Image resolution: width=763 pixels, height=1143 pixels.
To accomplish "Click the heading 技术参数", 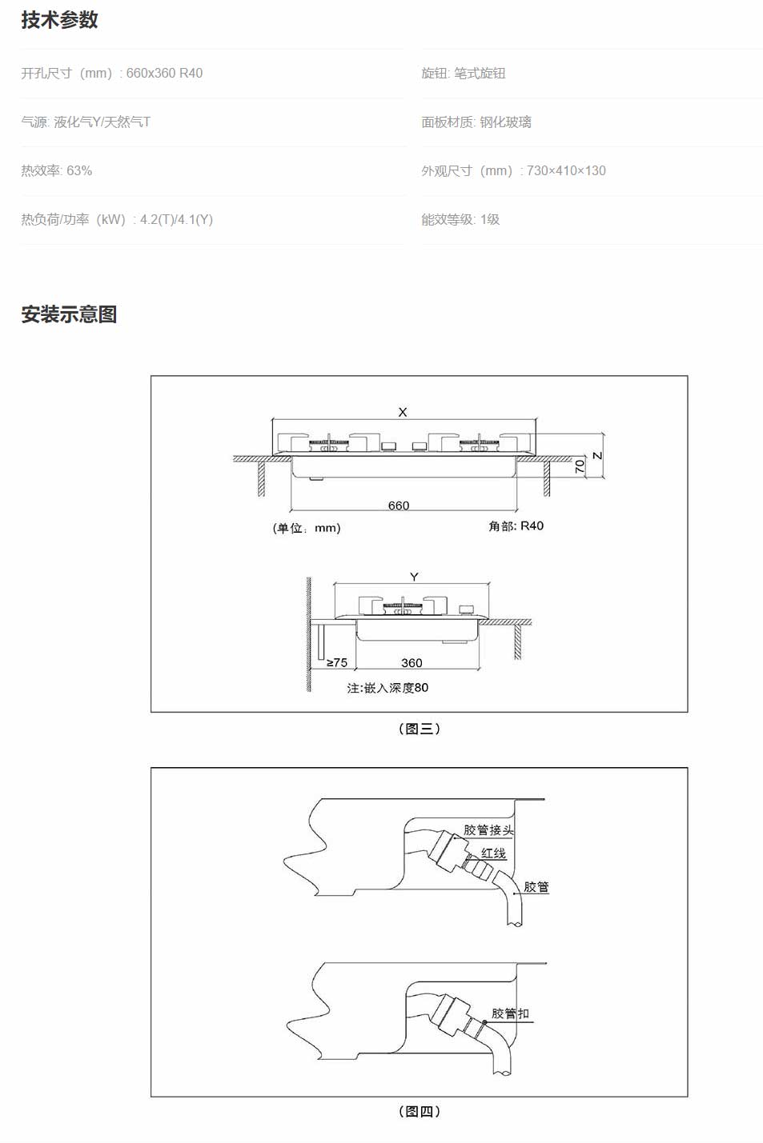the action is [x=59, y=20].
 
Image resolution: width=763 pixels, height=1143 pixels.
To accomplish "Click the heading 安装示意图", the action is [x=69, y=314].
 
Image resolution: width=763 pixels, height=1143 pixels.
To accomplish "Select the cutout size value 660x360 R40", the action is [x=164, y=73].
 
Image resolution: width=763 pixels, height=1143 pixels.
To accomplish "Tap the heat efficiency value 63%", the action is [x=79, y=170].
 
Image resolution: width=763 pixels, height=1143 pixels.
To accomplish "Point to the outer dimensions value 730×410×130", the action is [x=566, y=170].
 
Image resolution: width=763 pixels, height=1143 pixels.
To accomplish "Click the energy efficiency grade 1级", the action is [x=490, y=219].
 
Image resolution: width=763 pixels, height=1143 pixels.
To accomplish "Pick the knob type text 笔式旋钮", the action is [x=480, y=73].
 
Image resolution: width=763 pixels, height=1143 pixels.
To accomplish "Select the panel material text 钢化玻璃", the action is [x=505, y=122].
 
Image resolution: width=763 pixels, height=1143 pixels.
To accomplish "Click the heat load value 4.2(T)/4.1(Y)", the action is [x=176, y=219].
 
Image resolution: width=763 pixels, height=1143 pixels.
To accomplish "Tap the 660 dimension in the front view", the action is [x=399, y=506].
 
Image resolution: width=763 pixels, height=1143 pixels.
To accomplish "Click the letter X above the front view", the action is [x=403, y=412].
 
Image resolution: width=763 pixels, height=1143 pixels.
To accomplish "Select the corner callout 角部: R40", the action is [x=516, y=526].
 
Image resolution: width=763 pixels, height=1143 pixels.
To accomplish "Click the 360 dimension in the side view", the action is [x=412, y=663].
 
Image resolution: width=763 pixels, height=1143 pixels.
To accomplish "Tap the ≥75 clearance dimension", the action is [x=337, y=663].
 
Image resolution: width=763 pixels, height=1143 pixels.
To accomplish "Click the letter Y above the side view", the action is [x=414, y=577].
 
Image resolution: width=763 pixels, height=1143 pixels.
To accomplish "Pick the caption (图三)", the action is [x=420, y=729].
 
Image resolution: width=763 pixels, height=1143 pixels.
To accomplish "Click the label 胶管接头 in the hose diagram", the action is [x=488, y=830].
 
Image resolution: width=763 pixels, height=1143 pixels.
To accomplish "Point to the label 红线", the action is [x=494, y=853].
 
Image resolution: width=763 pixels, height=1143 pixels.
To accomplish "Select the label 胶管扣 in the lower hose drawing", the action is [x=510, y=1013].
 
